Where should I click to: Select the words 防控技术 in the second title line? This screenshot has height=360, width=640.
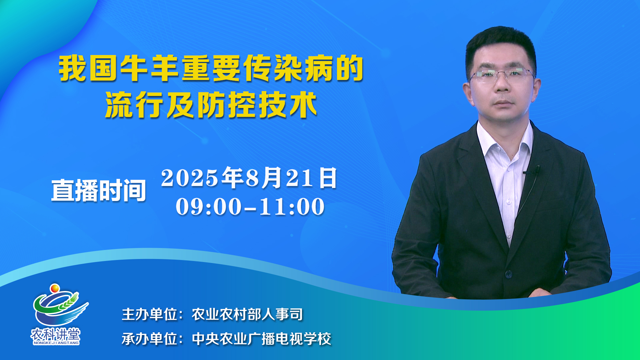pyautogui.click(x=257, y=105)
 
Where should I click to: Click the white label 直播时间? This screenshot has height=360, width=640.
pyautogui.click(x=99, y=190)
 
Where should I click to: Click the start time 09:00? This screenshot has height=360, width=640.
pyautogui.click(x=209, y=207)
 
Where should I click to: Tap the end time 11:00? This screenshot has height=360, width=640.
pyautogui.click(x=292, y=207)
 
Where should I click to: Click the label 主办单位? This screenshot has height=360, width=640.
pyautogui.click(x=149, y=314)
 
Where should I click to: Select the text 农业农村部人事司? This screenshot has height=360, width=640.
pyautogui.click(x=247, y=314)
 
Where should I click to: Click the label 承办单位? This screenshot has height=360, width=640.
pyautogui.click(x=149, y=339)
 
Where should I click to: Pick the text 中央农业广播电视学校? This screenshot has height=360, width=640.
pyautogui.click(x=261, y=339)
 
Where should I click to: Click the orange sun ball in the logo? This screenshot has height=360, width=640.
pyautogui.click(x=55, y=288)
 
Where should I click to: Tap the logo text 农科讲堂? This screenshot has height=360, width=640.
pyautogui.click(x=56, y=334)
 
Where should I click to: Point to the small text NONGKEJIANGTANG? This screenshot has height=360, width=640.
pyautogui.click(x=56, y=343)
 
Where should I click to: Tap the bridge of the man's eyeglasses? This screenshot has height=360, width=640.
pyautogui.click(x=502, y=73)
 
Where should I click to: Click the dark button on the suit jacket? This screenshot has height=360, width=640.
pyautogui.click(x=508, y=274)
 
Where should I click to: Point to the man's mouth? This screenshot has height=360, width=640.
pyautogui.click(x=504, y=104)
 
